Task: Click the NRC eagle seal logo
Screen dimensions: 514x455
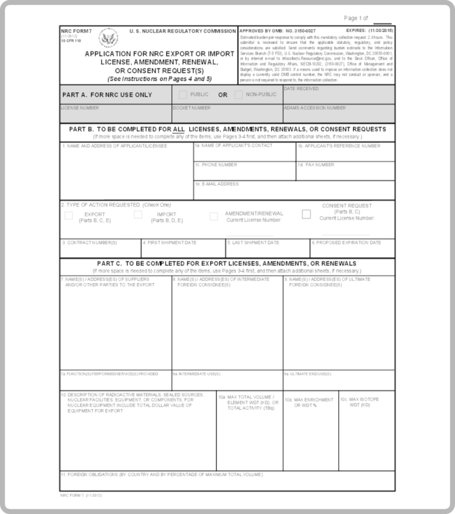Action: [x=108, y=40]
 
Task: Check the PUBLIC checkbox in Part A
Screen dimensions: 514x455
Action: [x=183, y=95]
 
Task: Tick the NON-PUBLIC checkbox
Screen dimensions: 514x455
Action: [x=238, y=95]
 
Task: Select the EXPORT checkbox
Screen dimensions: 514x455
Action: [x=69, y=216]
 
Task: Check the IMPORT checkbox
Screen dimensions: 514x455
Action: [x=138, y=215]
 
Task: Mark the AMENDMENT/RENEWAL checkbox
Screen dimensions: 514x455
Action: [x=214, y=216]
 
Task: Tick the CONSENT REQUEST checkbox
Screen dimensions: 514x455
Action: [x=306, y=214]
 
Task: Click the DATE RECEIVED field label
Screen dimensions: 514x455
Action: [x=302, y=89]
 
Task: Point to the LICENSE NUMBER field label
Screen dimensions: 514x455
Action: [x=80, y=108]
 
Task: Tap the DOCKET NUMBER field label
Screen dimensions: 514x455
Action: [x=191, y=108]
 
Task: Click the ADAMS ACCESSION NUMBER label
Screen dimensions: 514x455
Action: [x=315, y=108]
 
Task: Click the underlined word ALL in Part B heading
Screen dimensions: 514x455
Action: [x=179, y=129]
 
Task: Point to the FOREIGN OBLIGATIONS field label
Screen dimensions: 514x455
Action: [x=161, y=475]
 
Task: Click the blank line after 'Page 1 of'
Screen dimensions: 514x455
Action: [x=382, y=20]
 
